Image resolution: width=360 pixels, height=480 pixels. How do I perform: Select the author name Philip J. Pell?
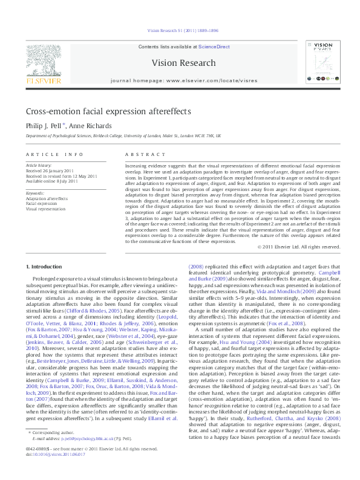click(x=45, y=126)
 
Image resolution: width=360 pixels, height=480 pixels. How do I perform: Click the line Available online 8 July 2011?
click(x=51, y=181)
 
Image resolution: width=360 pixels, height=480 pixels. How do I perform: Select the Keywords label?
click(x=34, y=192)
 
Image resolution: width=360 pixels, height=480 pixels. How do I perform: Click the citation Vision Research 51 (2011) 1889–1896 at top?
click(x=183, y=30)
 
